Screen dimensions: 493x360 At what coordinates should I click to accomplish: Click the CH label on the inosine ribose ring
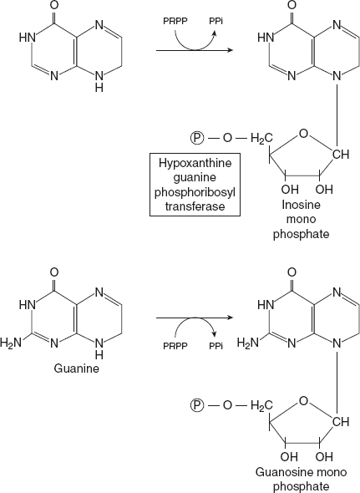point(339,155)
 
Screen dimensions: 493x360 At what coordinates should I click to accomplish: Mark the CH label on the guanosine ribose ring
point(339,420)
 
